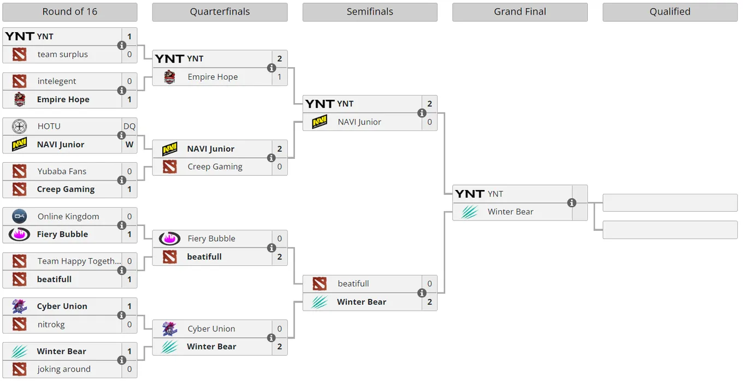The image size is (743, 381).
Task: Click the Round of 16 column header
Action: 70,12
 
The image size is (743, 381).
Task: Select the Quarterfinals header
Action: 220,12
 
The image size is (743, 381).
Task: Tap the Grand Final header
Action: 520,12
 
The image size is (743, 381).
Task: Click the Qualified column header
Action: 670,12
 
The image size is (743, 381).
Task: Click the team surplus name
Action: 63,55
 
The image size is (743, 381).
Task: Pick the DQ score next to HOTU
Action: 129,126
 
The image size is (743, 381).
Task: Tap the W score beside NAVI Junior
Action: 129,145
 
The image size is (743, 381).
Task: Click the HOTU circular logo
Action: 19,126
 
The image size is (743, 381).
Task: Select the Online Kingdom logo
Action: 19,216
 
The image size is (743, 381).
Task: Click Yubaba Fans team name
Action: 62,171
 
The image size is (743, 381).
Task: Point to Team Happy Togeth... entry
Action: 79,261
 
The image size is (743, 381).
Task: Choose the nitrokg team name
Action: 51,324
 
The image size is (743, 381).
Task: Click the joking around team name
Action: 64,369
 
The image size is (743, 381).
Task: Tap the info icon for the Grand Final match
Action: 571,203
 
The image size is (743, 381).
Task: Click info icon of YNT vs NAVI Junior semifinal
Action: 422,113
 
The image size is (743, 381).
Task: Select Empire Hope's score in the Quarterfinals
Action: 280,77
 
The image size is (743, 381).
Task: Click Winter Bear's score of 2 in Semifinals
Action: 429,302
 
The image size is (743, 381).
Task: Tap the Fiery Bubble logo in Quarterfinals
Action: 169,239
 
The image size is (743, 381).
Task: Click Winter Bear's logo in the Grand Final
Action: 470,212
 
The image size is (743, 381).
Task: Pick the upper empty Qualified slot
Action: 670,203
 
